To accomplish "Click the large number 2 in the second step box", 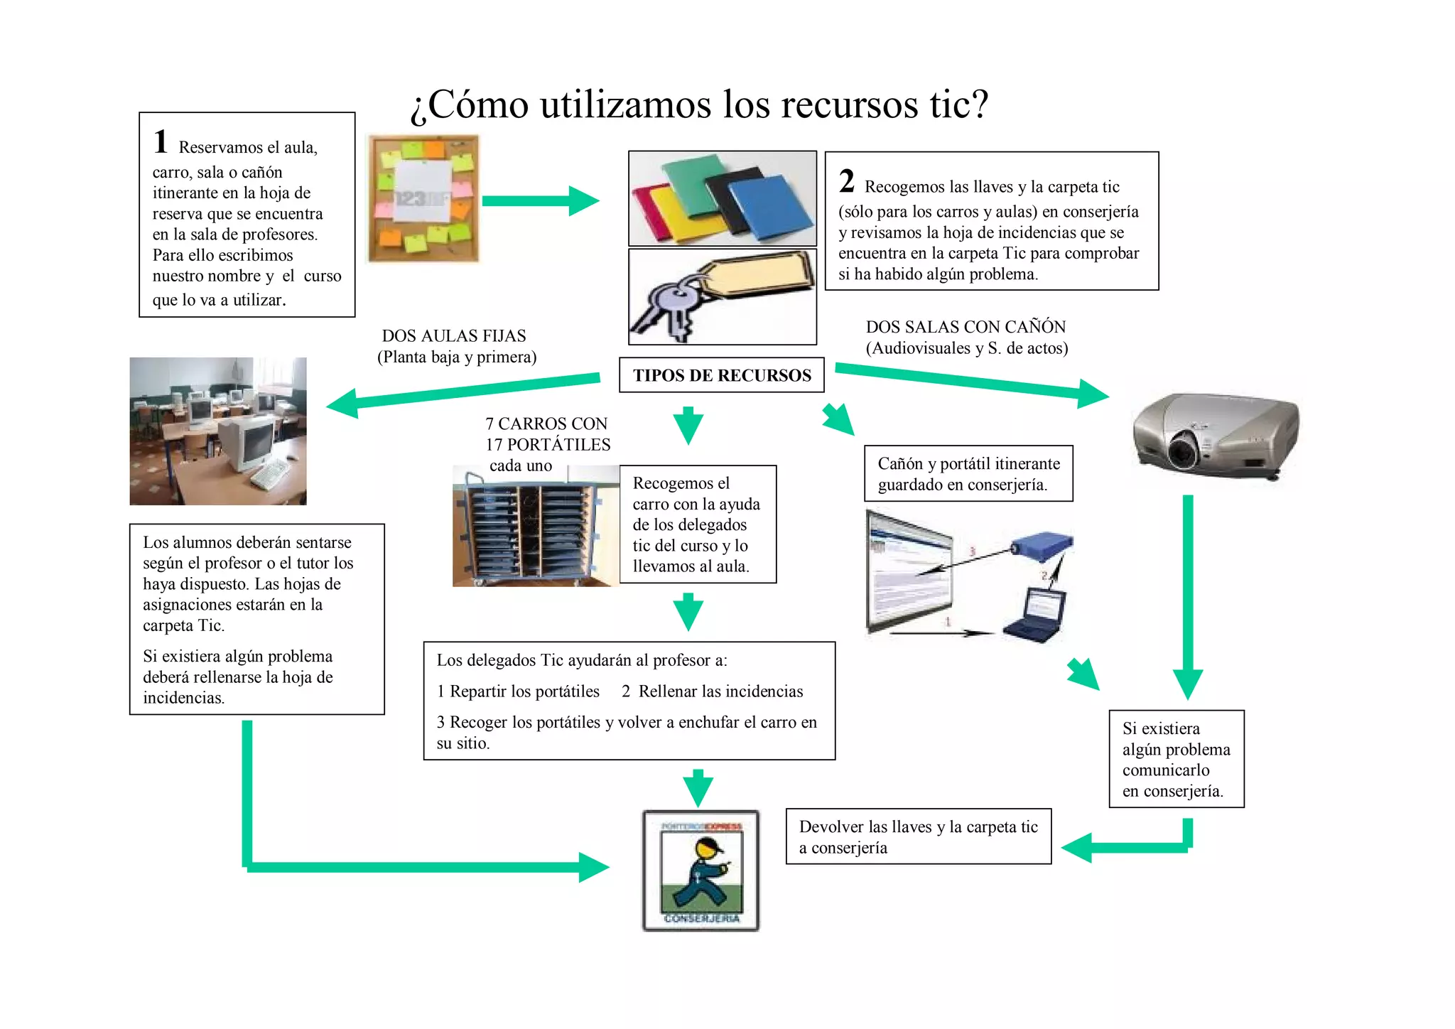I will (846, 181).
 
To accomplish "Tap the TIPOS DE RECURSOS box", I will (721, 375).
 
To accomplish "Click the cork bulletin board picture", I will (423, 199).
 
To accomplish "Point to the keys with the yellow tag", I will (721, 297).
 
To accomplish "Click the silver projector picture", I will (1216, 434).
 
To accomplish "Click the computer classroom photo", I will (218, 431).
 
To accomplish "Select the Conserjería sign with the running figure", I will (701, 871).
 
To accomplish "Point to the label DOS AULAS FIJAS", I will (454, 336).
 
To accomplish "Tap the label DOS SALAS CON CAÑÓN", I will (966, 327).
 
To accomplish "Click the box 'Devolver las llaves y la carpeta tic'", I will (918, 836).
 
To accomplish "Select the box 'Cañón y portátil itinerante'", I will (968, 474).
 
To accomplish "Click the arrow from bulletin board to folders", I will (540, 201).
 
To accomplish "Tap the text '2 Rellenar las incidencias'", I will (712, 691).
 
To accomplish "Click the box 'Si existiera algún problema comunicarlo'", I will (1176, 759).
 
